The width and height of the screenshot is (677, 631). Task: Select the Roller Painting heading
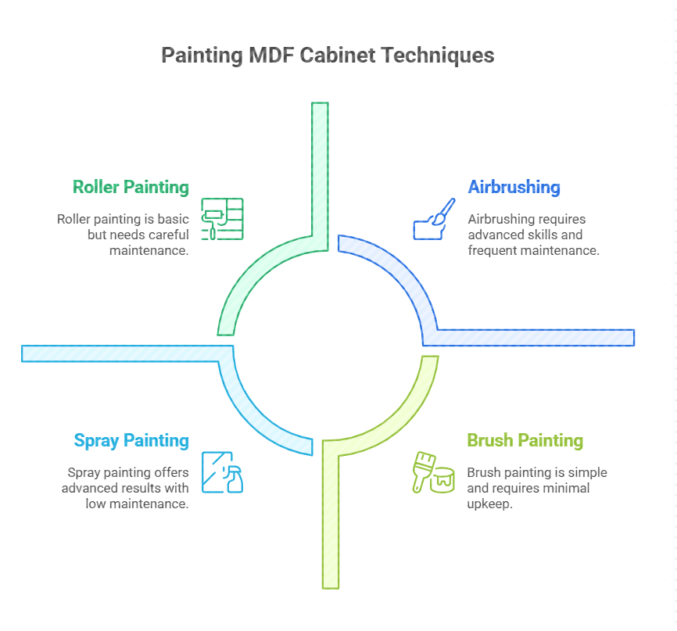tap(131, 187)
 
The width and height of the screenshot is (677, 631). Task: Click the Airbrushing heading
tap(514, 187)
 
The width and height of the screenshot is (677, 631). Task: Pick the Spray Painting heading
tap(131, 440)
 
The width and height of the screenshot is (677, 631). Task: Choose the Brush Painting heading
tap(525, 440)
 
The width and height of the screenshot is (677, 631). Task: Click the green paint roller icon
tap(222, 218)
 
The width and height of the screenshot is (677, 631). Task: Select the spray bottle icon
tap(222, 471)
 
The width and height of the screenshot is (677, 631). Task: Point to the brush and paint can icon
tap(433, 471)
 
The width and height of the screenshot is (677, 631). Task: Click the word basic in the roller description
tap(172, 219)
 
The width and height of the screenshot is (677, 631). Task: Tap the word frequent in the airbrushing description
tap(489, 250)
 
